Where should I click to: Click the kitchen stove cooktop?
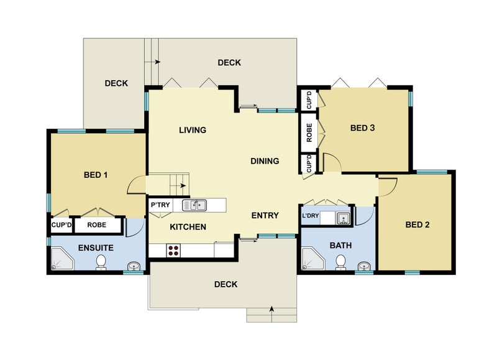(x=173, y=250)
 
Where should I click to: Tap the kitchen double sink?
(x=194, y=205)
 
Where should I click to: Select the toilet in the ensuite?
(x=101, y=262)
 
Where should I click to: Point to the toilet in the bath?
(x=340, y=262)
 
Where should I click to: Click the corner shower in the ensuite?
(x=62, y=259)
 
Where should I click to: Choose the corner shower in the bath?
(x=312, y=259)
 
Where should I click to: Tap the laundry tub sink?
(x=343, y=218)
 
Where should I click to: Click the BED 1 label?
(x=96, y=175)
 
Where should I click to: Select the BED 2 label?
(x=417, y=224)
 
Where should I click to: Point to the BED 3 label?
(x=363, y=128)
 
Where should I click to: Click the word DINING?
(x=265, y=161)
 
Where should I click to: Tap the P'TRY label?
(x=160, y=205)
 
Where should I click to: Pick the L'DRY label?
(x=310, y=216)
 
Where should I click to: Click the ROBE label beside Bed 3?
(x=309, y=132)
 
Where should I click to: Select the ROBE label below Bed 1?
(x=97, y=225)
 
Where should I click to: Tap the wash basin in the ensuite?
(x=134, y=265)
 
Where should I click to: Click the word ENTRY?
(x=265, y=216)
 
